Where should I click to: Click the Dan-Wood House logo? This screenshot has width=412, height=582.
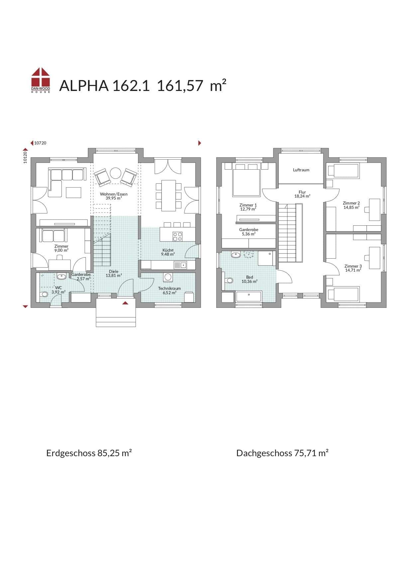point(41,80)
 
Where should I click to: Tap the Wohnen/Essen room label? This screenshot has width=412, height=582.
point(114,194)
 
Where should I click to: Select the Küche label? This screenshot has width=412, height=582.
point(168,250)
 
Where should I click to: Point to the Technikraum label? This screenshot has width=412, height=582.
point(169,289)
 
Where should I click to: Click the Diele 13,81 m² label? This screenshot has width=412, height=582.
point(114,273)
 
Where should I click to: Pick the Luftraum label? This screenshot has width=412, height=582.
point(301,170)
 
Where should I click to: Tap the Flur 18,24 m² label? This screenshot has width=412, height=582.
point(302,194)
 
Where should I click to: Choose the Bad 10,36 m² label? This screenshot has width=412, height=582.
point(250,279)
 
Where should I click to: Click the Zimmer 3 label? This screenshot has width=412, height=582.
point(353,266)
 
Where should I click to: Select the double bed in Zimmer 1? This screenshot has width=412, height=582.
point(246,182)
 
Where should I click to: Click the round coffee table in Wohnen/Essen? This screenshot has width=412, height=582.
point(116,173)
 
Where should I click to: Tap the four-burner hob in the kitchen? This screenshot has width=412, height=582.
point(177,236)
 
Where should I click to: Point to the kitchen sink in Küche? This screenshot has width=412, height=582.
point(180,265)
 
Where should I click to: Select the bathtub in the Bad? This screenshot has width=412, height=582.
point(249,296)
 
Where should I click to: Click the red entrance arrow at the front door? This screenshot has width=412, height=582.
point(125,302)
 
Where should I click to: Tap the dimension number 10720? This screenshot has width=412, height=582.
point(40,143)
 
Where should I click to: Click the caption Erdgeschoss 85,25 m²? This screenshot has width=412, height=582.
point(89,453)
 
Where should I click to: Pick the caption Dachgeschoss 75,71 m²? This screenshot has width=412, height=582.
point(282,453)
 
